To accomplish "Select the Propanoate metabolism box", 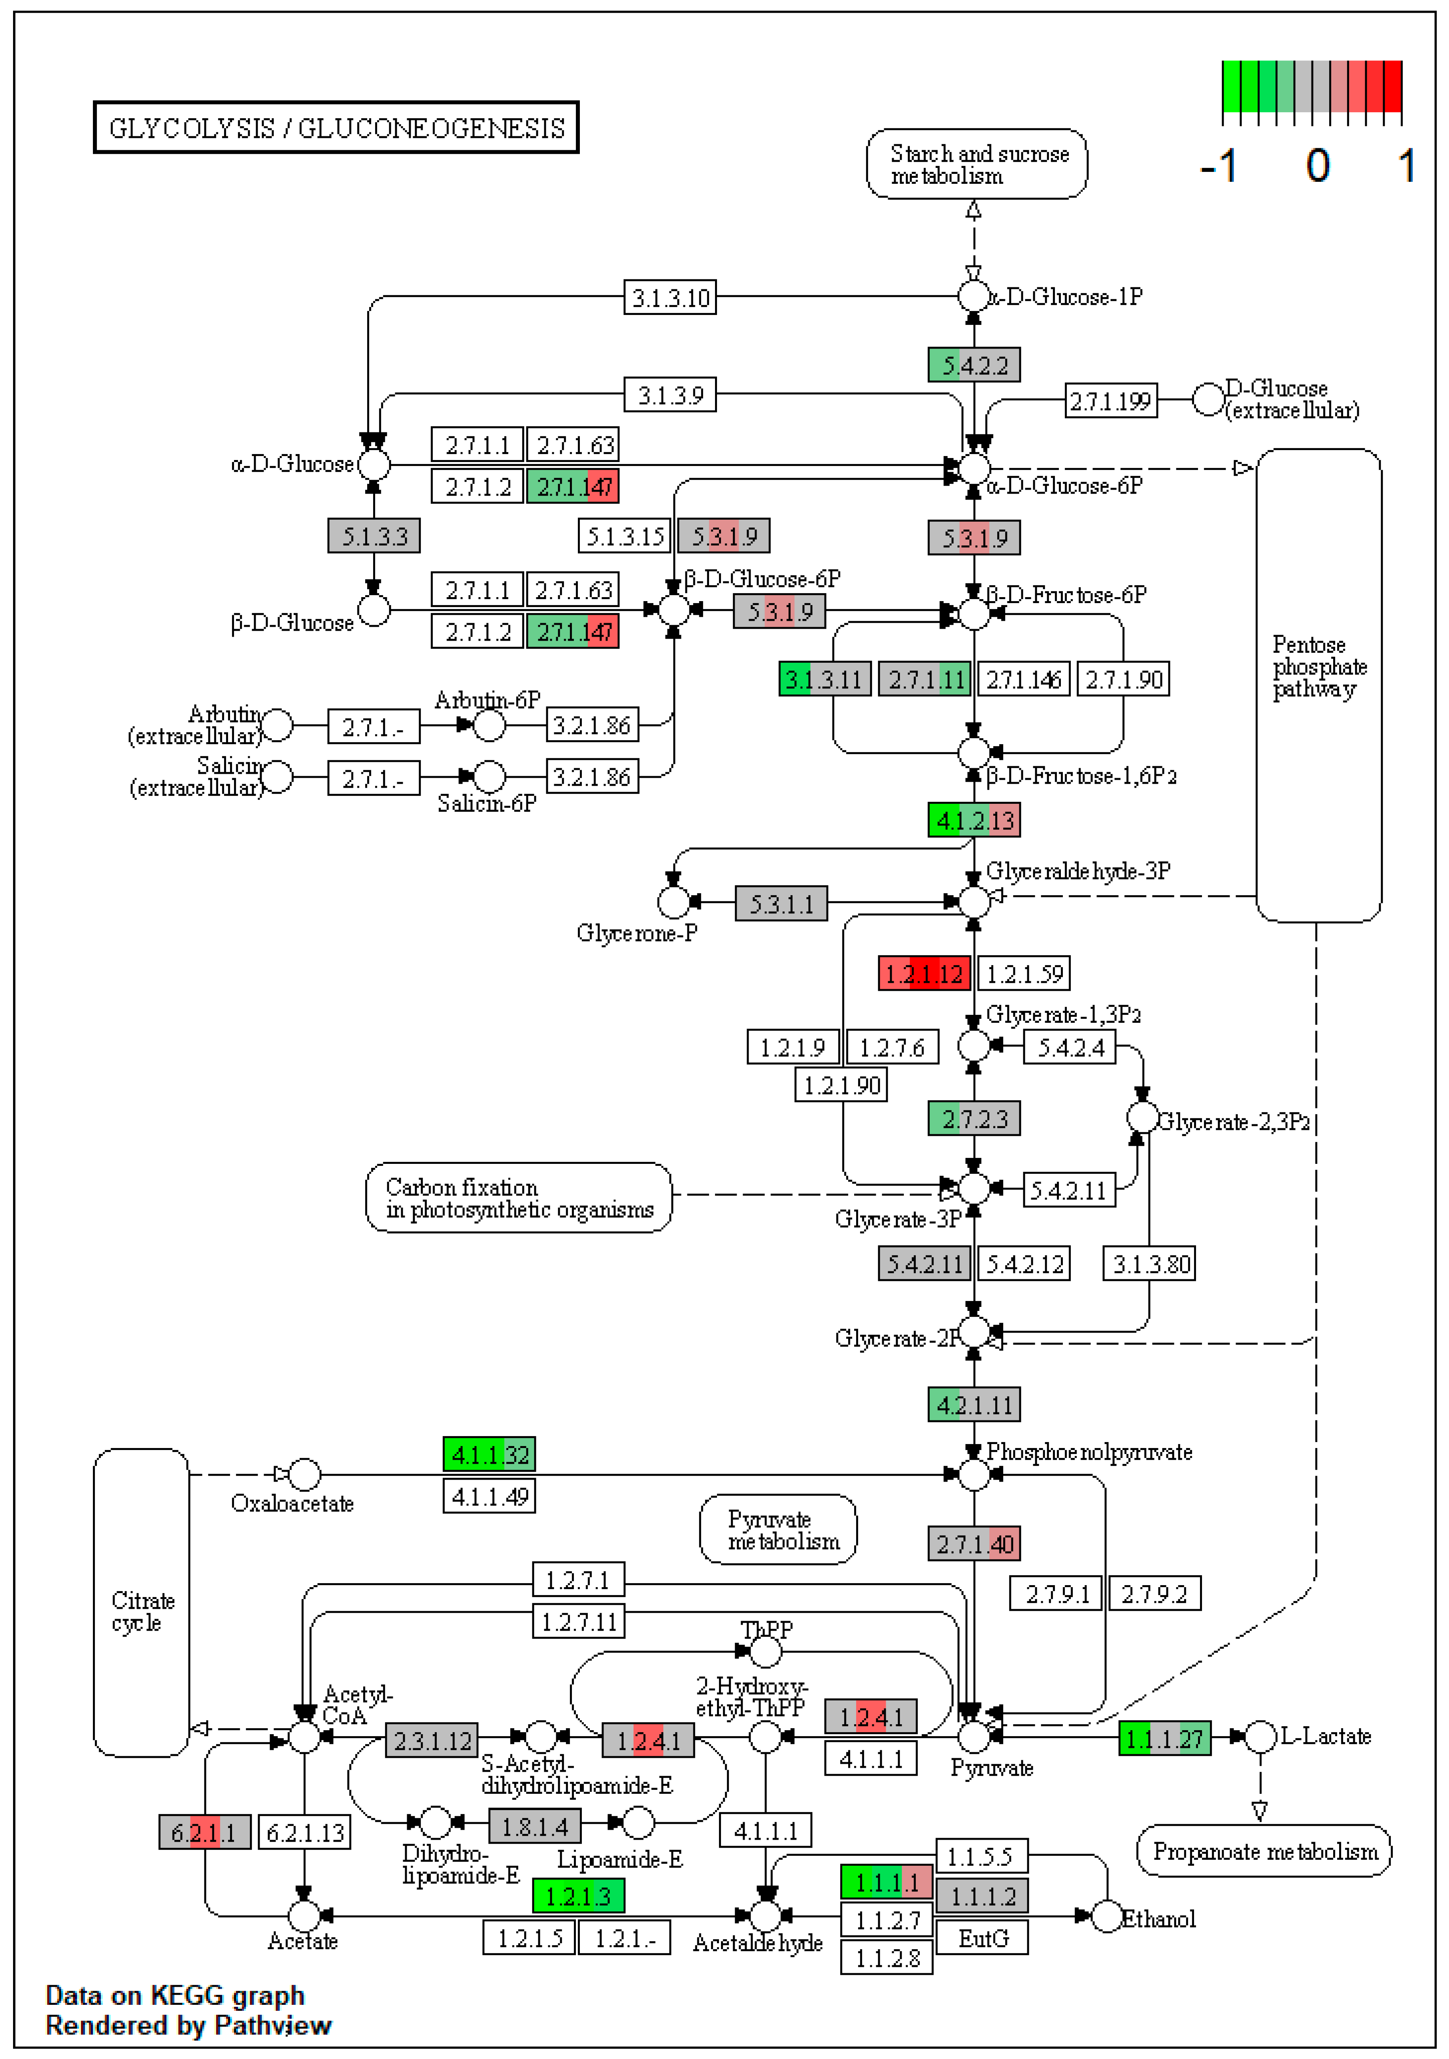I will [1263, 1851].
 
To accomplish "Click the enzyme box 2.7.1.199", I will [1110, 401].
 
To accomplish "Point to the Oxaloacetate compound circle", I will [304, 1473].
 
